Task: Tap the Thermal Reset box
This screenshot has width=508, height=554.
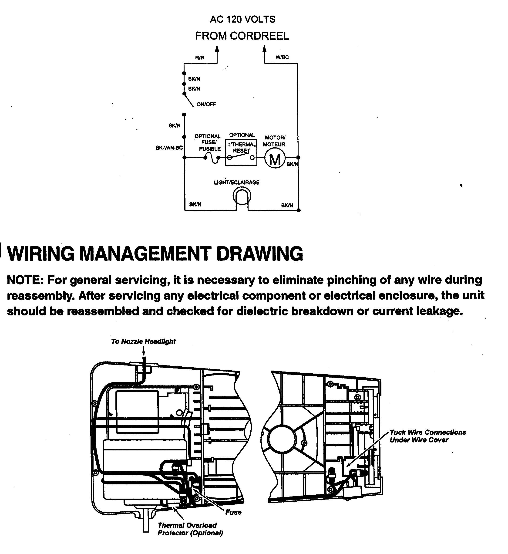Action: [x=241, y=153]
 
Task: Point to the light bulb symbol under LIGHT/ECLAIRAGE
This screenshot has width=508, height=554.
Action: [x=242, y=196]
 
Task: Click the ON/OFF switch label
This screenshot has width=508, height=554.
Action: [x=206, y=105]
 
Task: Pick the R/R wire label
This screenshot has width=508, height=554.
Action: [x=200, y=58]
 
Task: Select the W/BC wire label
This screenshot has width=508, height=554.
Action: [x=282, y=57]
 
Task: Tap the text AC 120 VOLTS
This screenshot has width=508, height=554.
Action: [x=242, y=19]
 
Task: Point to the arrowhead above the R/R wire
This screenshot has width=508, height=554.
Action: [x=217, y=49]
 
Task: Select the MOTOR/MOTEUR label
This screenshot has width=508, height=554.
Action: [x=274, y=141]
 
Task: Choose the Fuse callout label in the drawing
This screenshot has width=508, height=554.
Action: [x=233, y=512]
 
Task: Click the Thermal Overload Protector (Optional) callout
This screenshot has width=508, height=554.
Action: [x=190, y=529]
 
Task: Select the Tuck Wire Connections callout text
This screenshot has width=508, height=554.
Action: [x=427, y=436]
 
